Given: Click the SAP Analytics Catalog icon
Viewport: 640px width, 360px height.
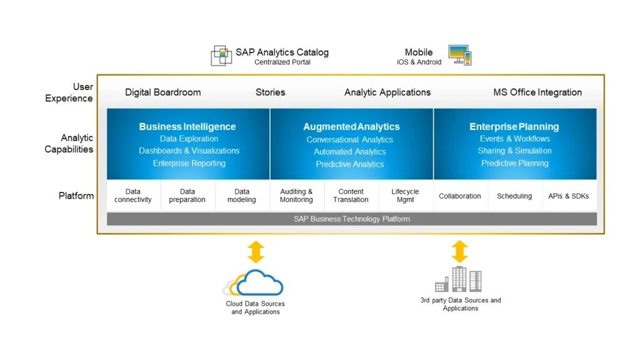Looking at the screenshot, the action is pyautogui.click(x=221, y=56).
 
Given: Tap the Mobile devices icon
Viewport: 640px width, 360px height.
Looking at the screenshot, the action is pyautogui.click(x=460, y=55).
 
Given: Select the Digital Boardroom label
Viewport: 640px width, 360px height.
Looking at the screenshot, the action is pyautogui.click(x=163, y=92).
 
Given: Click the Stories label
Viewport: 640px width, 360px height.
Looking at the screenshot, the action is pyautogui.click(x=270, y=92).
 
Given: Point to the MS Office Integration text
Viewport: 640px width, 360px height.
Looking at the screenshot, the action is pyautogui.click(x=537, y=92).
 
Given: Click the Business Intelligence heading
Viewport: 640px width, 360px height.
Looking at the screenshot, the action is pyautogui.click(x=187, y=126).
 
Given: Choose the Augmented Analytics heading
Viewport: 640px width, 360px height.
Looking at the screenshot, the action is pyautogui.click(x=351, y=126).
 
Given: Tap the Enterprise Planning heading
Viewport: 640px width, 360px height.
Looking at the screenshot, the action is pyautogui.click(x=514, y=126).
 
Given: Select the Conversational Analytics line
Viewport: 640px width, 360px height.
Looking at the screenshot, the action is pyautogui.click(x=350, y=139).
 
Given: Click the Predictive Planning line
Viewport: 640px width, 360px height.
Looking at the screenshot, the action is pyautogui.click(x=515, y=163).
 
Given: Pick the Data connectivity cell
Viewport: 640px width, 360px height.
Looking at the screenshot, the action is pyautogui.click(x=133, y=196).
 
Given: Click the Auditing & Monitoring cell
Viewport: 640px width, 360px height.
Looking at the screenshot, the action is pyautogui.click(x=296, y=196).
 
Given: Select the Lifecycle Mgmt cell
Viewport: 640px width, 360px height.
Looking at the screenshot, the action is pyautogui.click(x=405, y=196).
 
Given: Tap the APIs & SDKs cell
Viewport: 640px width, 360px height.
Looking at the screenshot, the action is pyautogui.click(x=569, y=196).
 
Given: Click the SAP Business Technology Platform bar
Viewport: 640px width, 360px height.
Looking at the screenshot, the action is pyautogui.click(x=352, y=219).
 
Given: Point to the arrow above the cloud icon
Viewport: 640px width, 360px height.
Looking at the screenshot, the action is pyautogui.click(x=256, y=252).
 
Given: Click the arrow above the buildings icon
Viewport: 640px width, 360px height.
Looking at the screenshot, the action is pyautogui.click(x=459, y=251).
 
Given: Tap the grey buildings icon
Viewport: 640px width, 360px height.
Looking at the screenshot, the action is pyautogui.click(x=458, y=279).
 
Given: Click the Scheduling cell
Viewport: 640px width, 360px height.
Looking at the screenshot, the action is pyautogui.click(x=514, y=196).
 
